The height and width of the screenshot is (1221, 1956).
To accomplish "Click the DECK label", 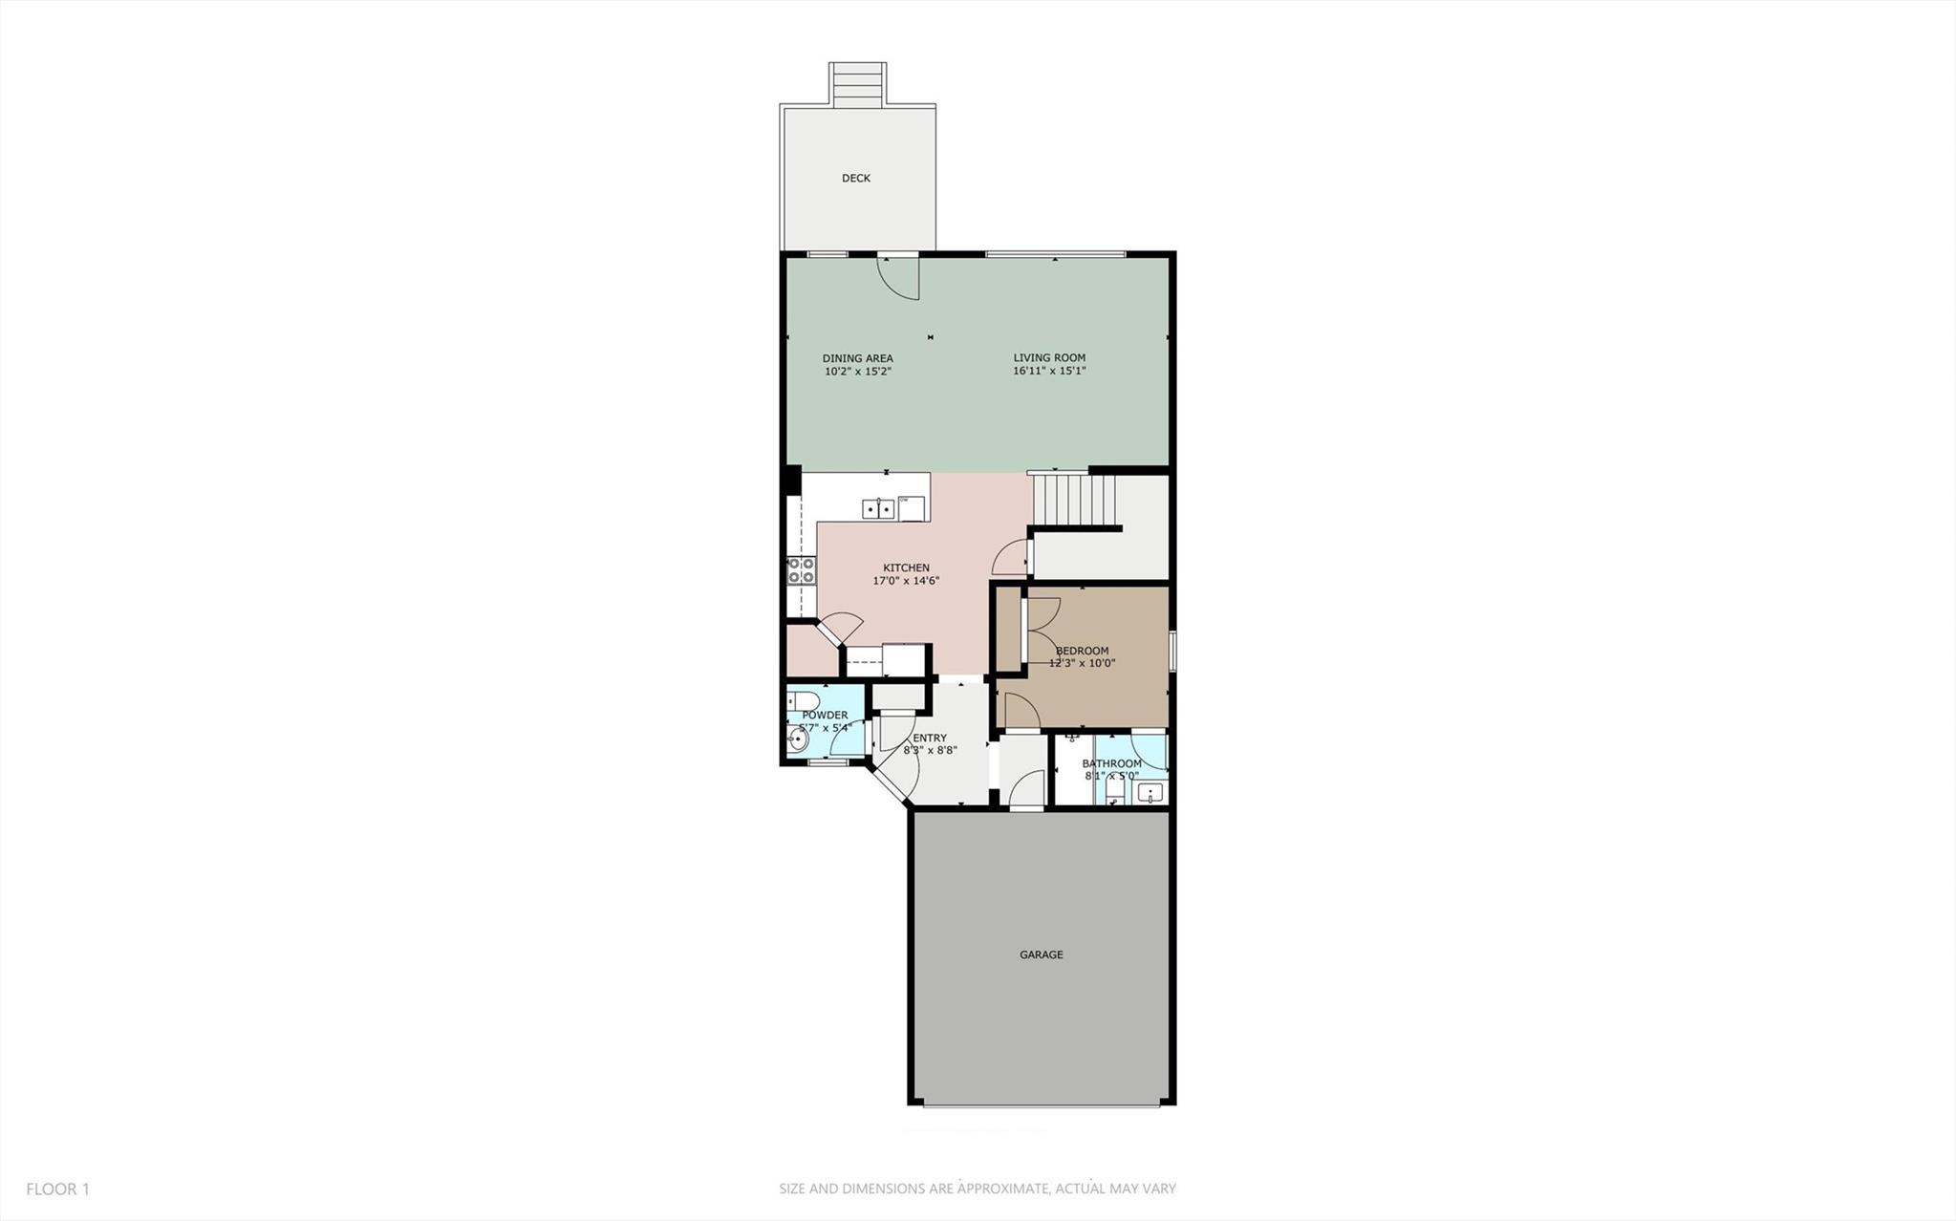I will pos(855,178).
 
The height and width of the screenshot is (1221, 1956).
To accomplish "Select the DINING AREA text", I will pos(857,358).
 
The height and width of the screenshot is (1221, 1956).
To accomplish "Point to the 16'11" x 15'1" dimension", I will pos(1049,371).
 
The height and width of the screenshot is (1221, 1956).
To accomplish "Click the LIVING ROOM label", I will pos(1049,358).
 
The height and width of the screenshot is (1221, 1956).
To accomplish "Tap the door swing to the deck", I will pos(899,278).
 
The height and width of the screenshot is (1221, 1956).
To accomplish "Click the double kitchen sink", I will pos(878,508).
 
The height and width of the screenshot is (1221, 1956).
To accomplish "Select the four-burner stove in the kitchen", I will pos(801,570).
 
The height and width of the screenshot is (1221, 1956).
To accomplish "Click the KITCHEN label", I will pos(906,568).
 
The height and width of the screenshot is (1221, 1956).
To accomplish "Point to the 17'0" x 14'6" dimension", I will pos(906,581).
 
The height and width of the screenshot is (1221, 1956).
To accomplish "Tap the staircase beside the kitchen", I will pos(1075,500).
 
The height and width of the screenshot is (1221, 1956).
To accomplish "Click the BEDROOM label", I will pos(1082,651).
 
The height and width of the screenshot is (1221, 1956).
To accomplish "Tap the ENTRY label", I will pos(929,738).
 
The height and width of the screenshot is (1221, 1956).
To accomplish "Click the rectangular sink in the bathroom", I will pos(1150,792).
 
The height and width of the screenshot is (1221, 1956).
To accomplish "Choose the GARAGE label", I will pos(1041,954).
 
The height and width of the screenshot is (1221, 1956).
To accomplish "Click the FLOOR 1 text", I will pos(57,1189).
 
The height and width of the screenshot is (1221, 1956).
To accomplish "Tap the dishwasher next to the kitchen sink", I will pos(912,508).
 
